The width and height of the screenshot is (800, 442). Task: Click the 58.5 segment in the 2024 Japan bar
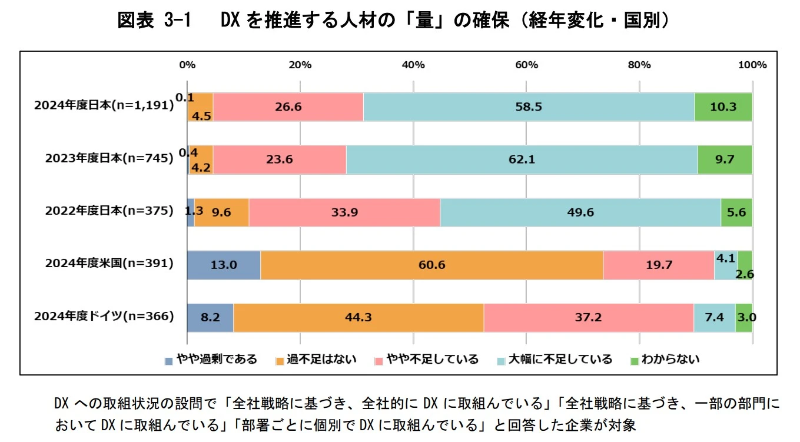click(529, 107)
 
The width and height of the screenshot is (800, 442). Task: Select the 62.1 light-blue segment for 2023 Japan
click(522, 159)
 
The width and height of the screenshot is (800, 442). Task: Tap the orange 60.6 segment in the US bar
click(431, 265)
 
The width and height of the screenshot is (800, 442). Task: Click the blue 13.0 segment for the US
click(224, 265)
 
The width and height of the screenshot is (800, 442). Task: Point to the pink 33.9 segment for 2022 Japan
click(344, 212)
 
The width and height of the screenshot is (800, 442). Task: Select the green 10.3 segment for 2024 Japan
click(723, 107)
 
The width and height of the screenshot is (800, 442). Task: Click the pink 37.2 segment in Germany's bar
click(589, 317)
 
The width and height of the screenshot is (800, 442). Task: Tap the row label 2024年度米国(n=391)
click(109, 264)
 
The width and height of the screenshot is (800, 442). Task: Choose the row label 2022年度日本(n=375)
click(109, 211)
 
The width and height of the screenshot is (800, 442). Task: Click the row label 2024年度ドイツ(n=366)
click(104, 316)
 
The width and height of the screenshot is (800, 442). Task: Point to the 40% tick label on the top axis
click(413, 65)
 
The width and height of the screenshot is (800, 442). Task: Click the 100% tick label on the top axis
click(752, 65)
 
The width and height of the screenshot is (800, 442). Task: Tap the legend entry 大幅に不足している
click(559, 359)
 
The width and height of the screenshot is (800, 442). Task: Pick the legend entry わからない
click(670, 359)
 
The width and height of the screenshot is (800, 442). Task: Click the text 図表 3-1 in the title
click(155, 21)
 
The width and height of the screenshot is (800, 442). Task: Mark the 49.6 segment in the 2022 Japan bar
click(580, 212)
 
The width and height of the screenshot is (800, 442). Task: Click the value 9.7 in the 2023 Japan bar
click(725, 159)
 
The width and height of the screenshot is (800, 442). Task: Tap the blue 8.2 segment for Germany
click(210, 317)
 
